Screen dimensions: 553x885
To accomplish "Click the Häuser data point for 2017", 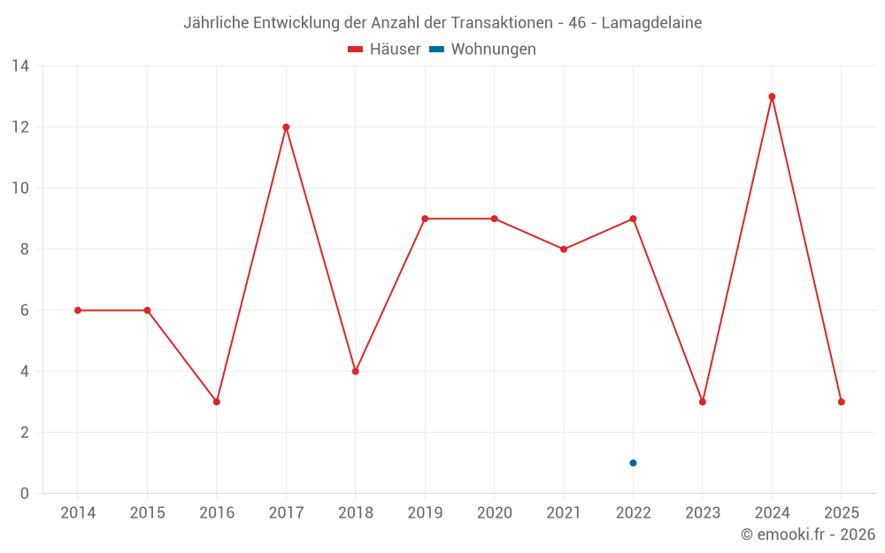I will click(x=286, y=127).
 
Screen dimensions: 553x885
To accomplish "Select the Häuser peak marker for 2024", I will click(x=772, y=96).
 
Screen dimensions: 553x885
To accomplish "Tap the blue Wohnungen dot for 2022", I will click(x=633, y=463).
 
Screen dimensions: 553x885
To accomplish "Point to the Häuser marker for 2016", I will click(x=217, y=402).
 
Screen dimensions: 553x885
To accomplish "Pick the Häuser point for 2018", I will click(x=355, y=372).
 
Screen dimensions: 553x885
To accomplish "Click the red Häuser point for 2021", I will click(x=564, y=250).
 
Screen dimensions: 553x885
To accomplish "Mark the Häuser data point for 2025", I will click(x=841, y=402).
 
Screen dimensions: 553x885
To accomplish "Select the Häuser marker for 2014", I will click(x=78, y=311).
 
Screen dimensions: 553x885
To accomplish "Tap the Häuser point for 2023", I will click(x=703, y=402).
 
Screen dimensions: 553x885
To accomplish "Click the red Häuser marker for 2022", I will click(x=633, y=219).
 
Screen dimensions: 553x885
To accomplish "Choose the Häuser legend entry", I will click(x=384, y=50).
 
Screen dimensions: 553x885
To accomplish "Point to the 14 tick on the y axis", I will click(x=20, y=66).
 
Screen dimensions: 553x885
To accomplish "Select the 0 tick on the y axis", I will click(x=24, y=494).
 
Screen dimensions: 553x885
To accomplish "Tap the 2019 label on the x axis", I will click(x=425, y=513).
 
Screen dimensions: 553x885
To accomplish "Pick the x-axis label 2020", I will click(x=494, y=513).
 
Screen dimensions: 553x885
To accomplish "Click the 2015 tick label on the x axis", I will click(x=147, y=513).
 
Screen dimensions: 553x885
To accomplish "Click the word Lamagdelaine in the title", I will click(x=651, y=23).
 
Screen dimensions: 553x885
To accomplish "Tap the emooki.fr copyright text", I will click(x=808, y=534).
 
